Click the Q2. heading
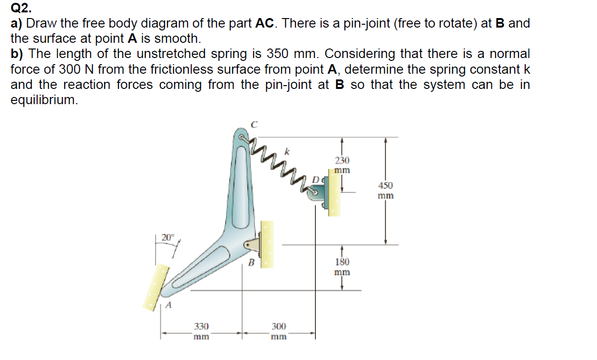pos(21,8)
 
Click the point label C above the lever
pos(254,124)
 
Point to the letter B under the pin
pos(253,262)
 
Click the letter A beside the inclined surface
pos(168,306)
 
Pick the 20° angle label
pos(168,237)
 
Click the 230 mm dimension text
pos(342,165)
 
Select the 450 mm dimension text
pos(386,190)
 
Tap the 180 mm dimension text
pos(342,267)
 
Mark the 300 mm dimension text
pos(279,331)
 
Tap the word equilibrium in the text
pos(43,100)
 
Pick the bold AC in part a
pos(265,23)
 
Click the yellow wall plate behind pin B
pos(267,243)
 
